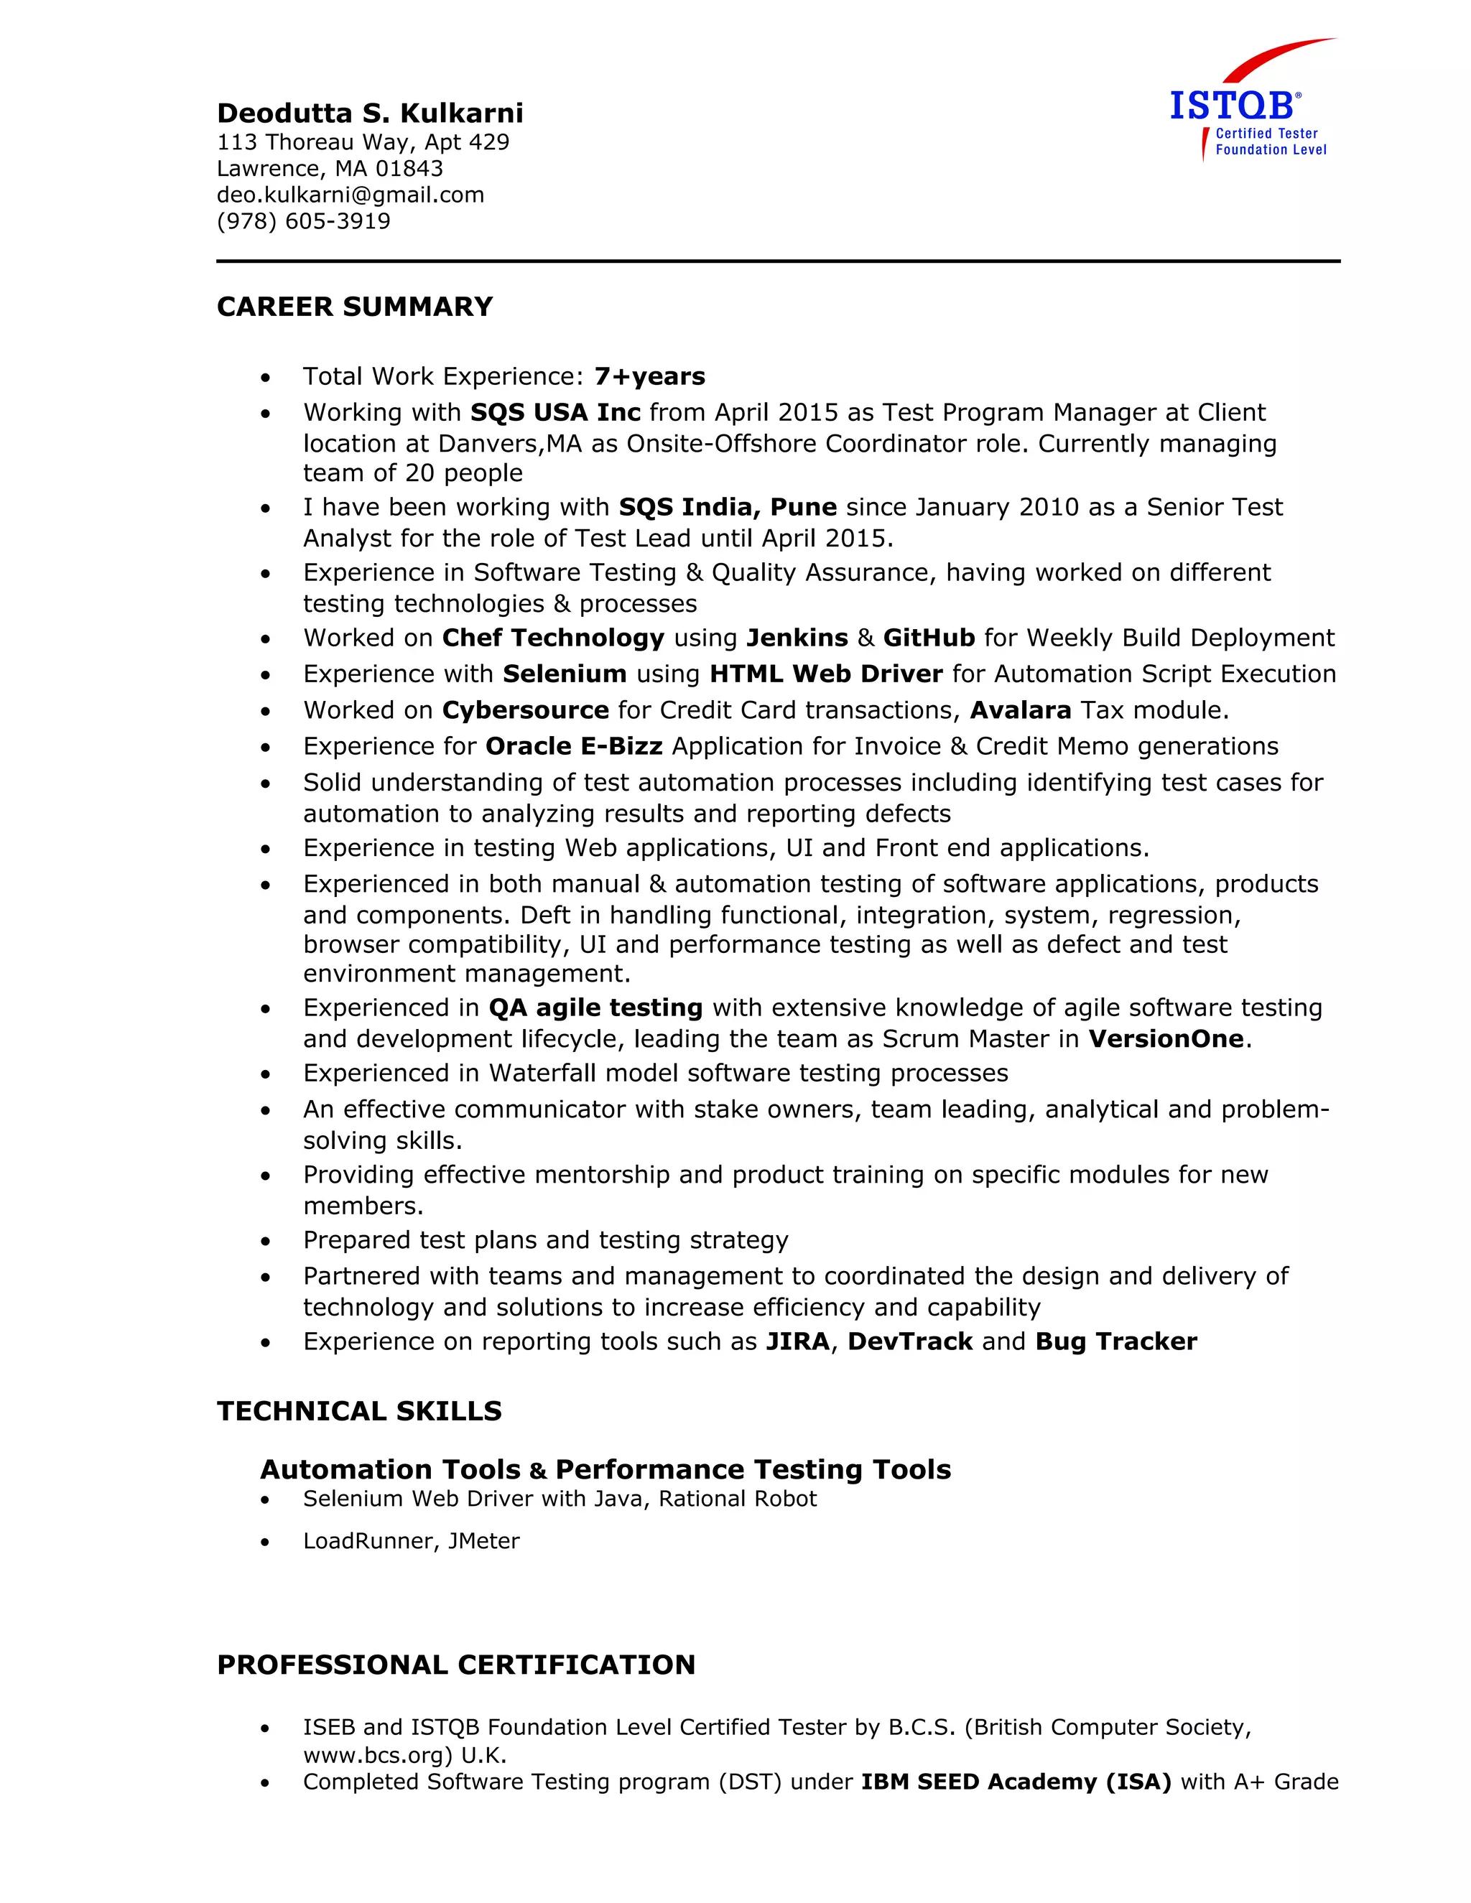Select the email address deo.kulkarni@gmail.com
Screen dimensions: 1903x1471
click(x=351, y=195)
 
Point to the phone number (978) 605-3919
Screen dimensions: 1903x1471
click(x=303, y=221)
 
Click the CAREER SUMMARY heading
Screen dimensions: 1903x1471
click(x=355, y=307)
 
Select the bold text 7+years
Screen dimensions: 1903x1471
click(x=649, y=376)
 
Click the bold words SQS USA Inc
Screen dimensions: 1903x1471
click(x=555, y=412)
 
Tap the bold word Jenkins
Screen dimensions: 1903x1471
click(x=797, y=638)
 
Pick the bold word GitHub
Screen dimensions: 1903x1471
click(x=928, y=638)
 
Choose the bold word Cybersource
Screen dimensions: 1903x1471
click(x=526, y=710)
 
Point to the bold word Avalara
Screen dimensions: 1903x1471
click(x=1020, y=710)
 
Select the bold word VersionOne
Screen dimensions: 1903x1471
click(x=1166, y=1038)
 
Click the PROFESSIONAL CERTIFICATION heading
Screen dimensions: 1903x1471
click(x=456, y=1665)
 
